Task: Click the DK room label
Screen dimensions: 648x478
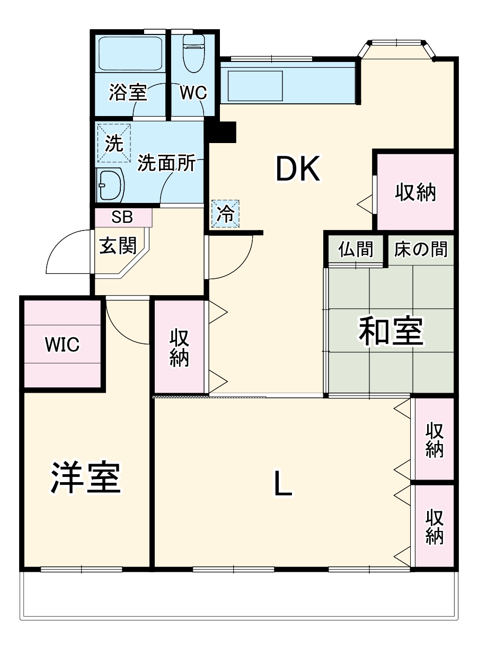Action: point(297,170)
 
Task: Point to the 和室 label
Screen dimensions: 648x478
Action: point(391,332)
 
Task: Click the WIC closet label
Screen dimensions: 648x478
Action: point(62,344)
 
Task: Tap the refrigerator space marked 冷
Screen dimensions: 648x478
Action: point(225,214)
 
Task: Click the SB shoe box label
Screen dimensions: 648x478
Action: point(122,216)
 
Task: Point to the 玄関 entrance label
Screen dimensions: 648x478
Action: point(118,245)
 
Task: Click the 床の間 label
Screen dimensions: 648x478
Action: point(421,248)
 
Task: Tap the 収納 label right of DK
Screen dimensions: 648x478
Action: point(415,193)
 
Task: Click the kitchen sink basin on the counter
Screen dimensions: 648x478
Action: point(255,85)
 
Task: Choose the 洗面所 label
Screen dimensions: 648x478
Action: point(166,164)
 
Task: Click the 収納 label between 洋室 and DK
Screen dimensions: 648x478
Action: point(180,348)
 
